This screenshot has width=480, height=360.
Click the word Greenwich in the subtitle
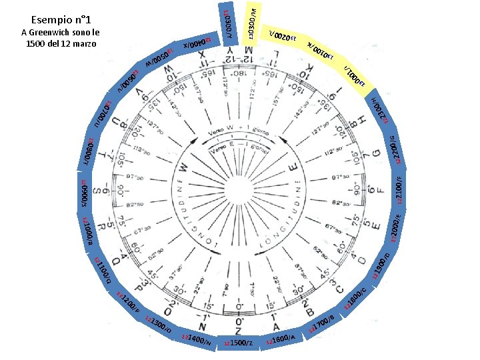point(60,33)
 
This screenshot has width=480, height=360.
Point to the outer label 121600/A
point(284,338)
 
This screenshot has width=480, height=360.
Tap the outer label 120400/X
point(195,43)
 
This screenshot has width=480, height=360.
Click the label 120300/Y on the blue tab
point(227,23)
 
